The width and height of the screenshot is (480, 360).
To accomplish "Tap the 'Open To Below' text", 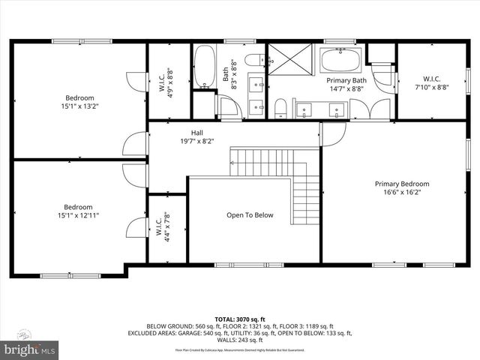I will (250, 215).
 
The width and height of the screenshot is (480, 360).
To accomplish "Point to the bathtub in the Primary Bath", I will (341, 59).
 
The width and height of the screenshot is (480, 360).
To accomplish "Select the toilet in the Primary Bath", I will (280, 109).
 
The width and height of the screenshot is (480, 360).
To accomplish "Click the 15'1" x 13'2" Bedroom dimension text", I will (79, 106).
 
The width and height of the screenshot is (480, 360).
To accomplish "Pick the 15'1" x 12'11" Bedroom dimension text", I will (78, 215).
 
